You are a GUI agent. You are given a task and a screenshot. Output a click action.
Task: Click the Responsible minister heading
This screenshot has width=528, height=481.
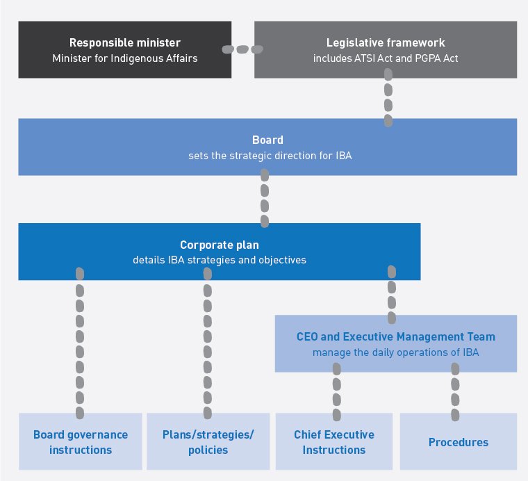pos(125,43)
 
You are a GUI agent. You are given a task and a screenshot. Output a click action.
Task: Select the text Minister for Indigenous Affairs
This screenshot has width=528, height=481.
pos(125,58)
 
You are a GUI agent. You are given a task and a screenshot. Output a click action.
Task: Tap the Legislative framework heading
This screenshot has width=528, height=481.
pos(386,43)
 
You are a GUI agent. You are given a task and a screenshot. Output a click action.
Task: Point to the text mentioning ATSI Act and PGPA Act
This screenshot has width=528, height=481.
pos(386,58)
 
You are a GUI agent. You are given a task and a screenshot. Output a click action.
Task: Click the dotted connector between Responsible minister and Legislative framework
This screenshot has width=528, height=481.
pos(242,49)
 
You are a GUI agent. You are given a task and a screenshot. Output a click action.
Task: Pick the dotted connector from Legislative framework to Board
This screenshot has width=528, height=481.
pos(388,97)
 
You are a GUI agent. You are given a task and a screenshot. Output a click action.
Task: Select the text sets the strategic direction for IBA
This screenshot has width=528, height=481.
pos(270,155)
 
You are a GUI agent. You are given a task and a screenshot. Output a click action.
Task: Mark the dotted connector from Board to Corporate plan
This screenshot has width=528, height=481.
pos(265,199)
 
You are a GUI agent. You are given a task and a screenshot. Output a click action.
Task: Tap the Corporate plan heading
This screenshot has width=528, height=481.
pos(220,245)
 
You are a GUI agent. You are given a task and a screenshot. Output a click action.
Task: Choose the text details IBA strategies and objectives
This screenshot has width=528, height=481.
pos(220,260)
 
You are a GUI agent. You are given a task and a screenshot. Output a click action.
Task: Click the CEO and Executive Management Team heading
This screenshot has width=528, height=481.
pos(396,337)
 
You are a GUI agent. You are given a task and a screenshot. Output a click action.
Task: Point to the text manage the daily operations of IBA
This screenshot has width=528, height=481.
pos(396,352)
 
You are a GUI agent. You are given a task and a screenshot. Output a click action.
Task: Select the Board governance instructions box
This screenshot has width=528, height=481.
pos(81,442)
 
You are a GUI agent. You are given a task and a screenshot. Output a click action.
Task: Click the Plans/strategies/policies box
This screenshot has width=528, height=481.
pos(208,442)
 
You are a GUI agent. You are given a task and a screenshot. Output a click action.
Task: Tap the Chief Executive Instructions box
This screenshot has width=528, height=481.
pos(334,442)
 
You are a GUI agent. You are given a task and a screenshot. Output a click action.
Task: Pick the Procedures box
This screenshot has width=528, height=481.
pos(459,442)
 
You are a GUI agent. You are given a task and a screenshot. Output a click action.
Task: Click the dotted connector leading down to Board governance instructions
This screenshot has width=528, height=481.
pos(80,344)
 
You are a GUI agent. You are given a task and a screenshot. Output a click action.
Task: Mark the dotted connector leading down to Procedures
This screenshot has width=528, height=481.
pos(456,391)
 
